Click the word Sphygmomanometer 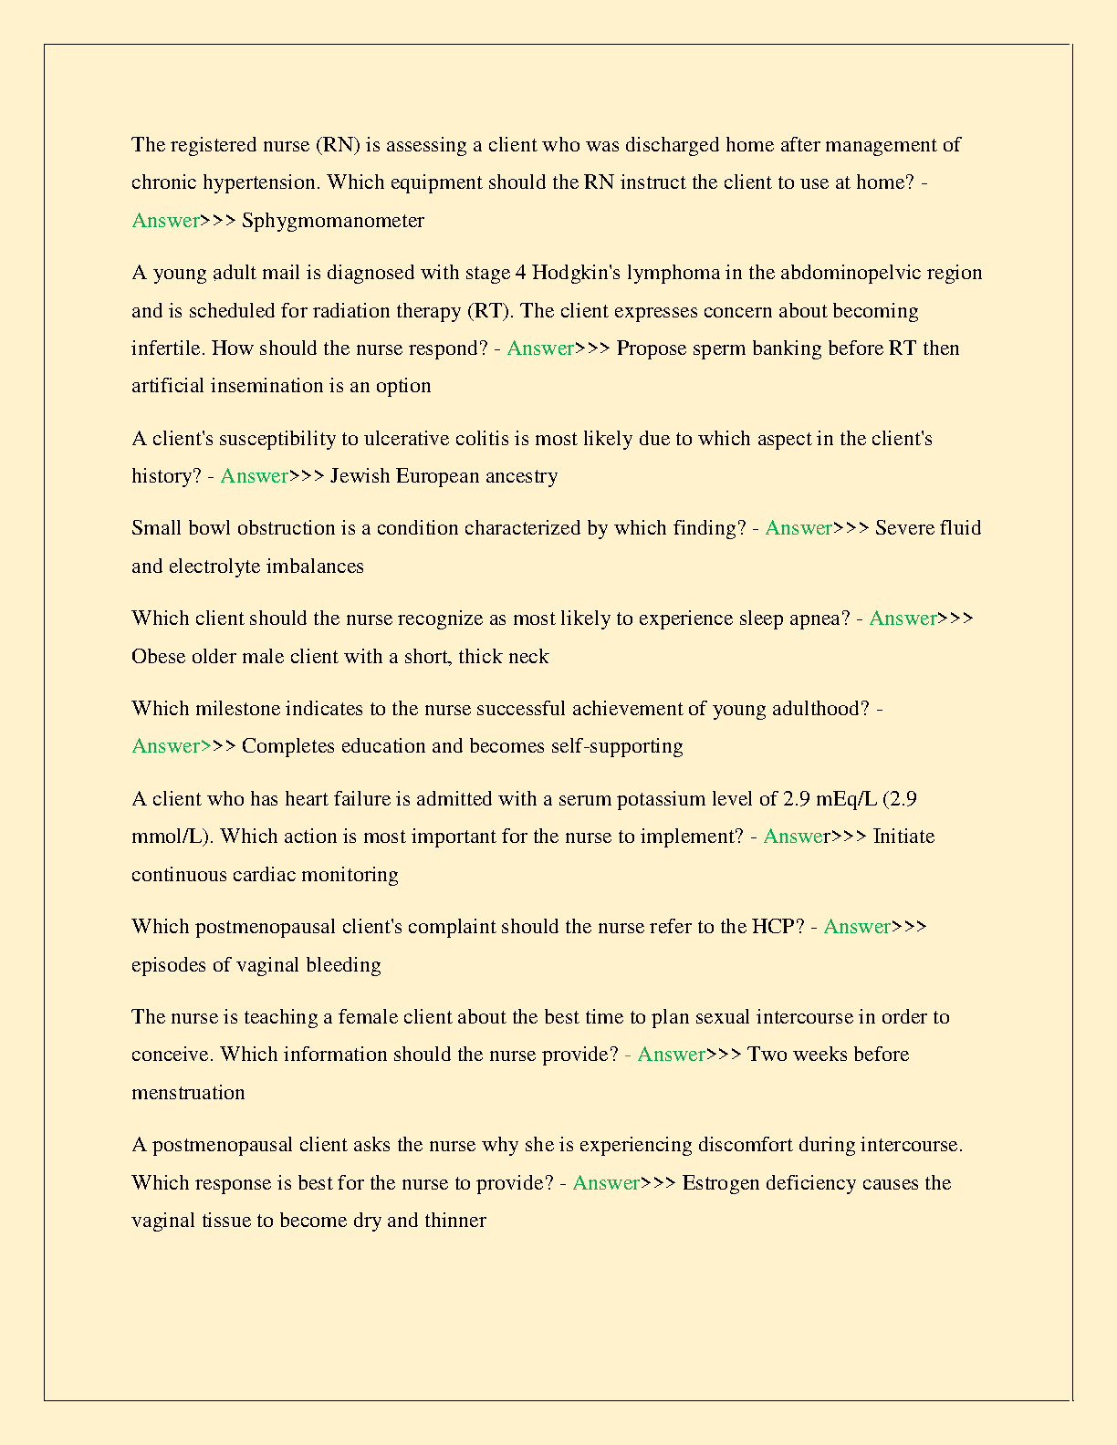(333, 221)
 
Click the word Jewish (360, 476)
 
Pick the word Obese (158, 657)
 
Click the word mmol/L (171, 837)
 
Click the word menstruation (188, 1093)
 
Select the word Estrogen (721, 1183)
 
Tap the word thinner (455, 1221)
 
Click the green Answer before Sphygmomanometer (165, 221)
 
